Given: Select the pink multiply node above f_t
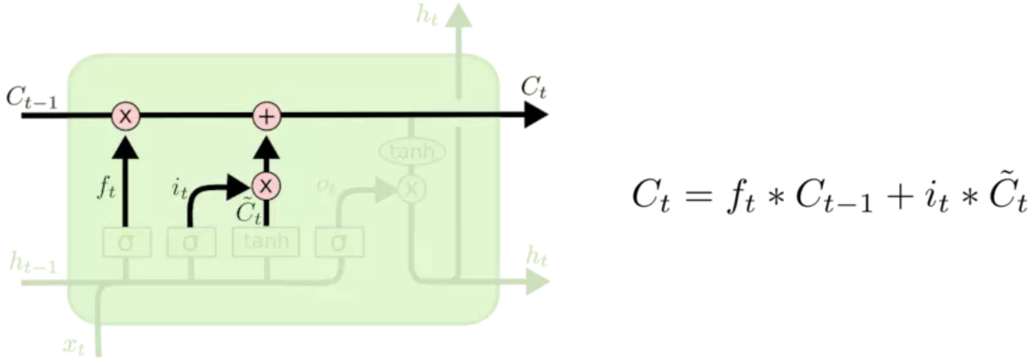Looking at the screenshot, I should [x=126, y=115].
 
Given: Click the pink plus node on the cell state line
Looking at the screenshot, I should [x=266, y=115].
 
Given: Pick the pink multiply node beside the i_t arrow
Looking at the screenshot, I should [x=266, y=185].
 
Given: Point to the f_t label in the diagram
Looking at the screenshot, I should [x=106, y=186].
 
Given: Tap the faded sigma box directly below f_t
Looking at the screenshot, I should [x=126, y=243].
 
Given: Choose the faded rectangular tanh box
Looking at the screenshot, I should [x=266, y=242].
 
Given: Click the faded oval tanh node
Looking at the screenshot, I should [x=412, y=152].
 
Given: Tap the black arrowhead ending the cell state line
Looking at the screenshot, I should [x=535, y=115].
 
